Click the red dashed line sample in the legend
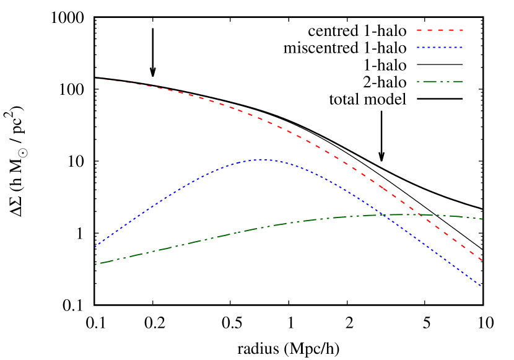click(440, 30)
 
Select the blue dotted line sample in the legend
click(440, 48)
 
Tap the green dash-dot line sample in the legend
click(440, 81)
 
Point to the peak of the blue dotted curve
click(261, 159)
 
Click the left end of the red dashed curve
click(95, 79)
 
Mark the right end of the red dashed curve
click(482, 260)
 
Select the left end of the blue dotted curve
click(95, 247)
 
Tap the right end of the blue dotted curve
click(482, 286)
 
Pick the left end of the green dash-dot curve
click(95, 264)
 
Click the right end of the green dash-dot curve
click(482, 219)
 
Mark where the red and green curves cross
click(419, 215)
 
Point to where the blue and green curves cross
click(380, 215)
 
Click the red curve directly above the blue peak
click(261, 118)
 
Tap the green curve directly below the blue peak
click(261, 227)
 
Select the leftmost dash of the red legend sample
click(419, 30)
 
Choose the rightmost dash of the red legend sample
click(461, 30)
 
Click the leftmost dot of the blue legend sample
click(418, 48)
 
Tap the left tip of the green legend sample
click(417, 81)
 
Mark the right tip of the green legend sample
click(463, 81)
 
